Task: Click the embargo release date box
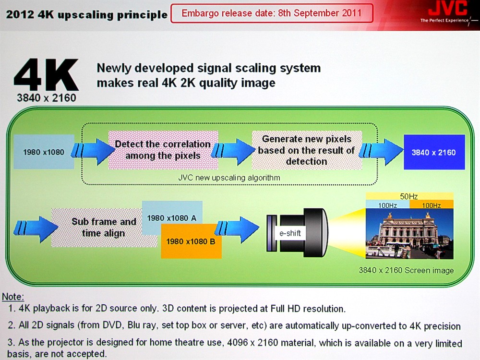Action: (272, 13)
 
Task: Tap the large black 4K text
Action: (46, 74)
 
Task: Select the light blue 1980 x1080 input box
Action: (44, 152)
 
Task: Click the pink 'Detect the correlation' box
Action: (163, 150)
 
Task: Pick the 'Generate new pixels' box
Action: (307, 150)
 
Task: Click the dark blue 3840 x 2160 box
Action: (434, 152)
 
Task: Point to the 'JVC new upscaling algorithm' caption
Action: (229, 178)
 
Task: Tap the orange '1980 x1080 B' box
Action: (191, 241)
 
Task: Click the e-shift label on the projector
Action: (290, 233)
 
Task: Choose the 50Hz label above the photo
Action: (409, 196)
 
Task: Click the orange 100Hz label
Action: (432, 205)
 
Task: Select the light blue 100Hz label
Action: (387, 205)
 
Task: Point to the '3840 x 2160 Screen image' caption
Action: (406, 270)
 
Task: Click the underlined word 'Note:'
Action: (13, 297)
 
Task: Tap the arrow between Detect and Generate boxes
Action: (234, 151)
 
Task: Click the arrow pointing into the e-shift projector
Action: (237, 230)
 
